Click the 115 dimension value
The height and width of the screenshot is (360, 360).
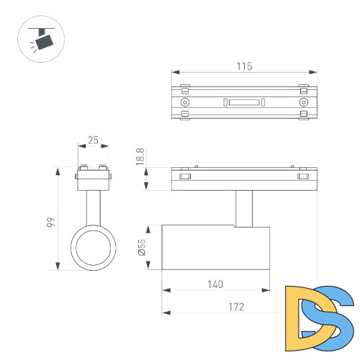(x=244, y=66)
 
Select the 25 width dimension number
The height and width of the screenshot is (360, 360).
(x=93, y=140)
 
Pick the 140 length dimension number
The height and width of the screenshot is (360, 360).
(x=214, y=284)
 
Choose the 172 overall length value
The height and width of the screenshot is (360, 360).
(x=236, y=307)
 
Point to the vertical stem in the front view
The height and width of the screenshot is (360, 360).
(x=93, y=209)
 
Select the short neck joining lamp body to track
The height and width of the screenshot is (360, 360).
(x=243, y=208)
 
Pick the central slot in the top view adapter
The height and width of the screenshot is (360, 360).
(x=244, y=102)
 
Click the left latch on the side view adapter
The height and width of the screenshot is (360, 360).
(x=185, y=176)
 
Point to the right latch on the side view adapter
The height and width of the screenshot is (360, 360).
(x=303, y=176)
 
